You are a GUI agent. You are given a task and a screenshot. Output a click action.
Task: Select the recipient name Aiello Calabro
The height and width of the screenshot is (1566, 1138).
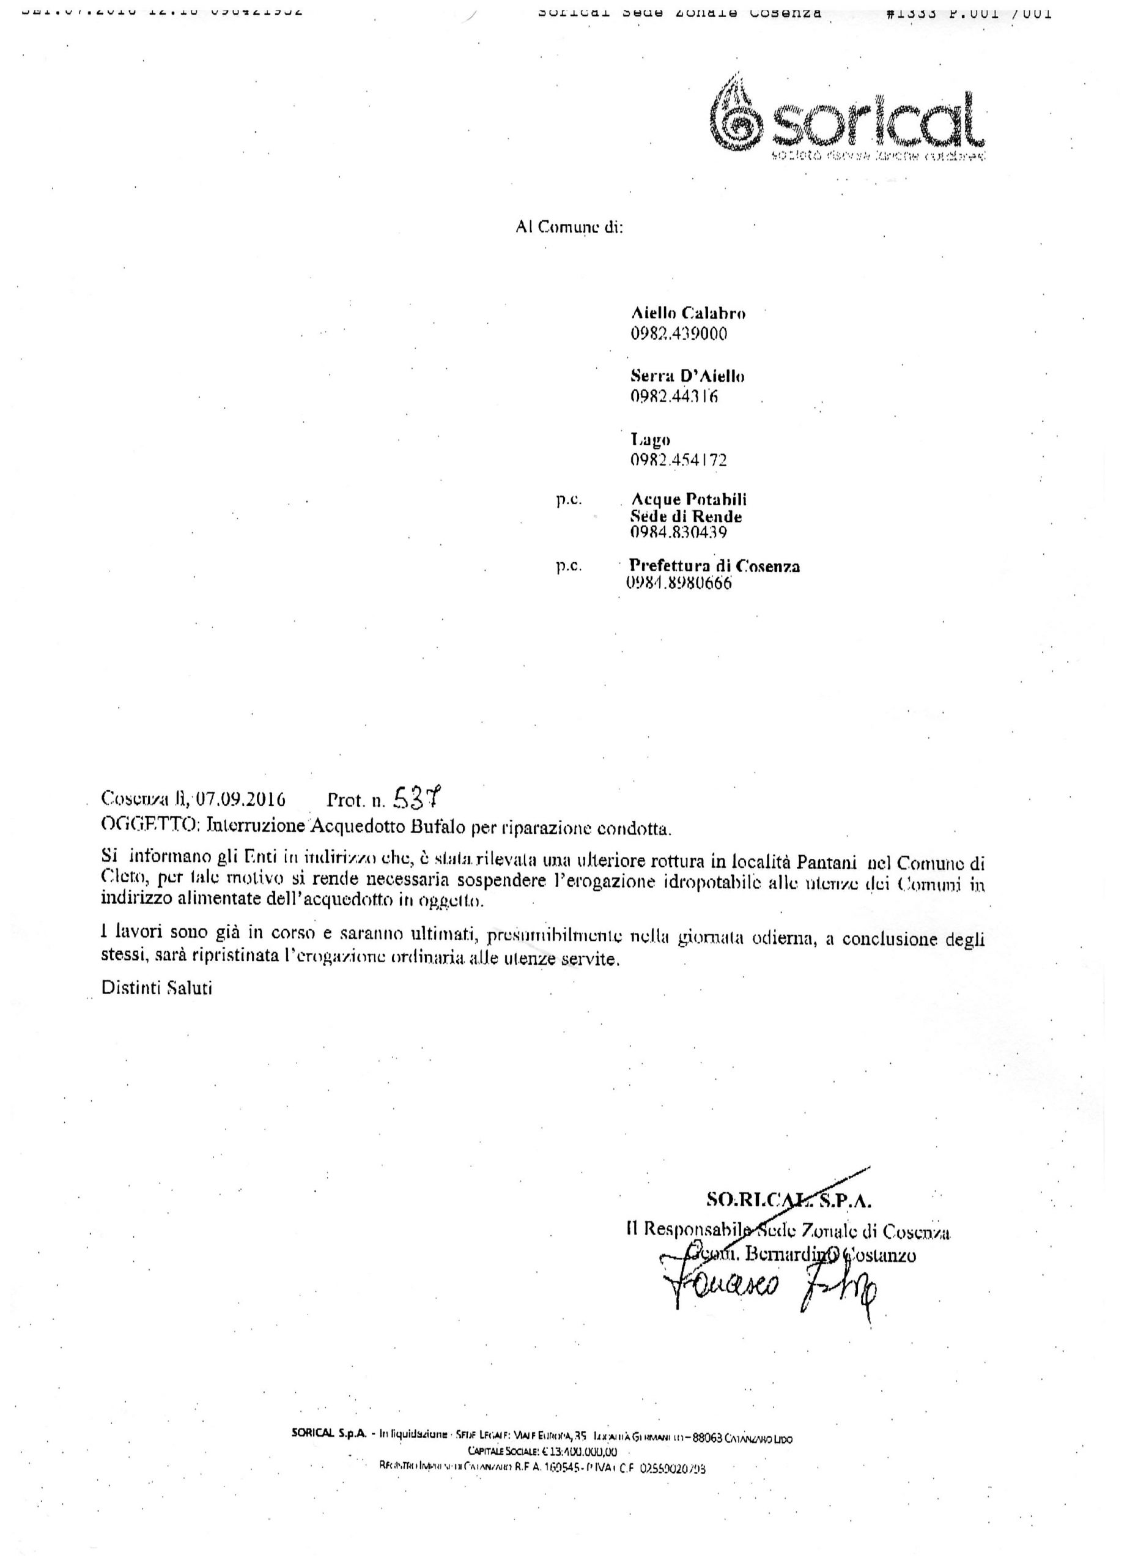(x=687, y=313)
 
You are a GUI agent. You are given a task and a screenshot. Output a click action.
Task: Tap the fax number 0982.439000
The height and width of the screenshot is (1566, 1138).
(x=678, y=334)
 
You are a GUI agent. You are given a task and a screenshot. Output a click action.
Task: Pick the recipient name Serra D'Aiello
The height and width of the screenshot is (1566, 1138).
(x=687, y=376)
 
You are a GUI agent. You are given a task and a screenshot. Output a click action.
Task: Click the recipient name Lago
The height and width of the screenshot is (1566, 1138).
(x=650, y=439)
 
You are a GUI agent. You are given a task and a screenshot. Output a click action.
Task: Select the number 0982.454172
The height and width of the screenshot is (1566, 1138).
(x=678, y=460)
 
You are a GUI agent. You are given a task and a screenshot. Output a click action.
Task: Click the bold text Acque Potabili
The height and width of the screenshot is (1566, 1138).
(x=688, y=499)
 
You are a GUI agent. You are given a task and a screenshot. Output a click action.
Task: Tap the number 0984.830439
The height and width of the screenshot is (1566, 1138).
(x=678, y=532)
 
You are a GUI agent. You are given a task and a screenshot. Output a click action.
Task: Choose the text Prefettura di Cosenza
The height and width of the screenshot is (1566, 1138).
(x=715, y=566)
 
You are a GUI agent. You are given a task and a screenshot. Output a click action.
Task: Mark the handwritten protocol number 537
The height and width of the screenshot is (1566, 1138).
(x=416, y=798)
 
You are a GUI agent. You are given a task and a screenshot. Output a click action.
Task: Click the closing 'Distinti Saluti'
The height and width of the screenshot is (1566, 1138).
(x=157, y=987)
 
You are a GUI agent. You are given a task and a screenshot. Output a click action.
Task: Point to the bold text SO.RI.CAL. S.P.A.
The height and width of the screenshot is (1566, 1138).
(x=789, y=1200)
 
